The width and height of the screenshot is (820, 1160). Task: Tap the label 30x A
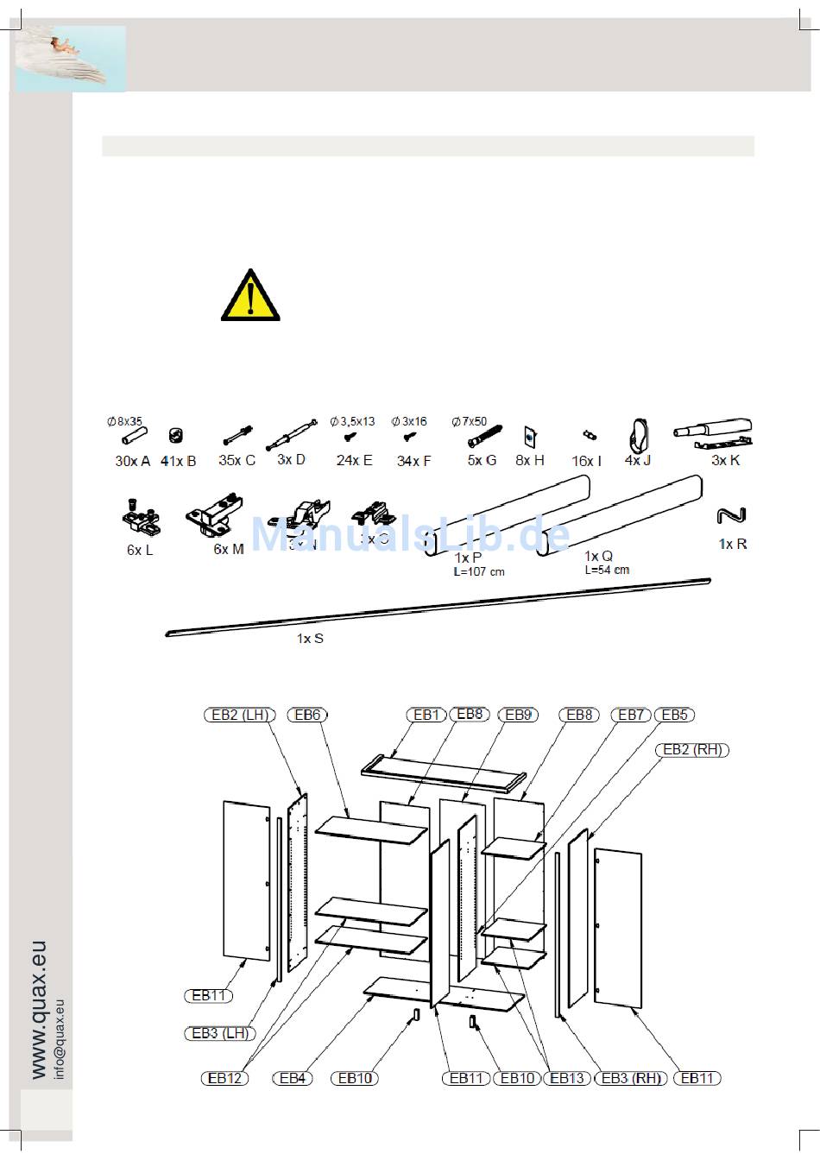tap(132, 461)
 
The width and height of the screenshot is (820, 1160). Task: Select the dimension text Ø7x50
tap(469, 422)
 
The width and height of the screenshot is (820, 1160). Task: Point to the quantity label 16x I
tap(586, 461)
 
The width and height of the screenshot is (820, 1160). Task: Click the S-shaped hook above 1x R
tap(731, 516)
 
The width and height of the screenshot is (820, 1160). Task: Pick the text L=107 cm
tap(479, 571)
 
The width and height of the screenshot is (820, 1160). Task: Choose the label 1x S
tap(310, 639)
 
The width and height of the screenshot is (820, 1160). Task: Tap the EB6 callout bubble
tap(307, 715)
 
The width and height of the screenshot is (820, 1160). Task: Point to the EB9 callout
tap(518, 715)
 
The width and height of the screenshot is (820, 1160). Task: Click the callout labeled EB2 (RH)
tap(692, 749)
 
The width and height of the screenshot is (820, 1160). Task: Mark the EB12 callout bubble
tap(224, 1078)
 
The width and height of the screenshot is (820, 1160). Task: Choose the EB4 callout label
tap(293, 1078)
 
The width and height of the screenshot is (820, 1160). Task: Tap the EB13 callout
tap(567, 1078)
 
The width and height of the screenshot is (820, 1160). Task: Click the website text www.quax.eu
tap(38, 1010)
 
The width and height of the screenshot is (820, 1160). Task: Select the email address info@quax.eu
tap(60, 1038)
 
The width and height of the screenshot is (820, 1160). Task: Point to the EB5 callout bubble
tap(674, 715)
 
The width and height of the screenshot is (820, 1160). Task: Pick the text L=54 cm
tap(607, 570)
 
